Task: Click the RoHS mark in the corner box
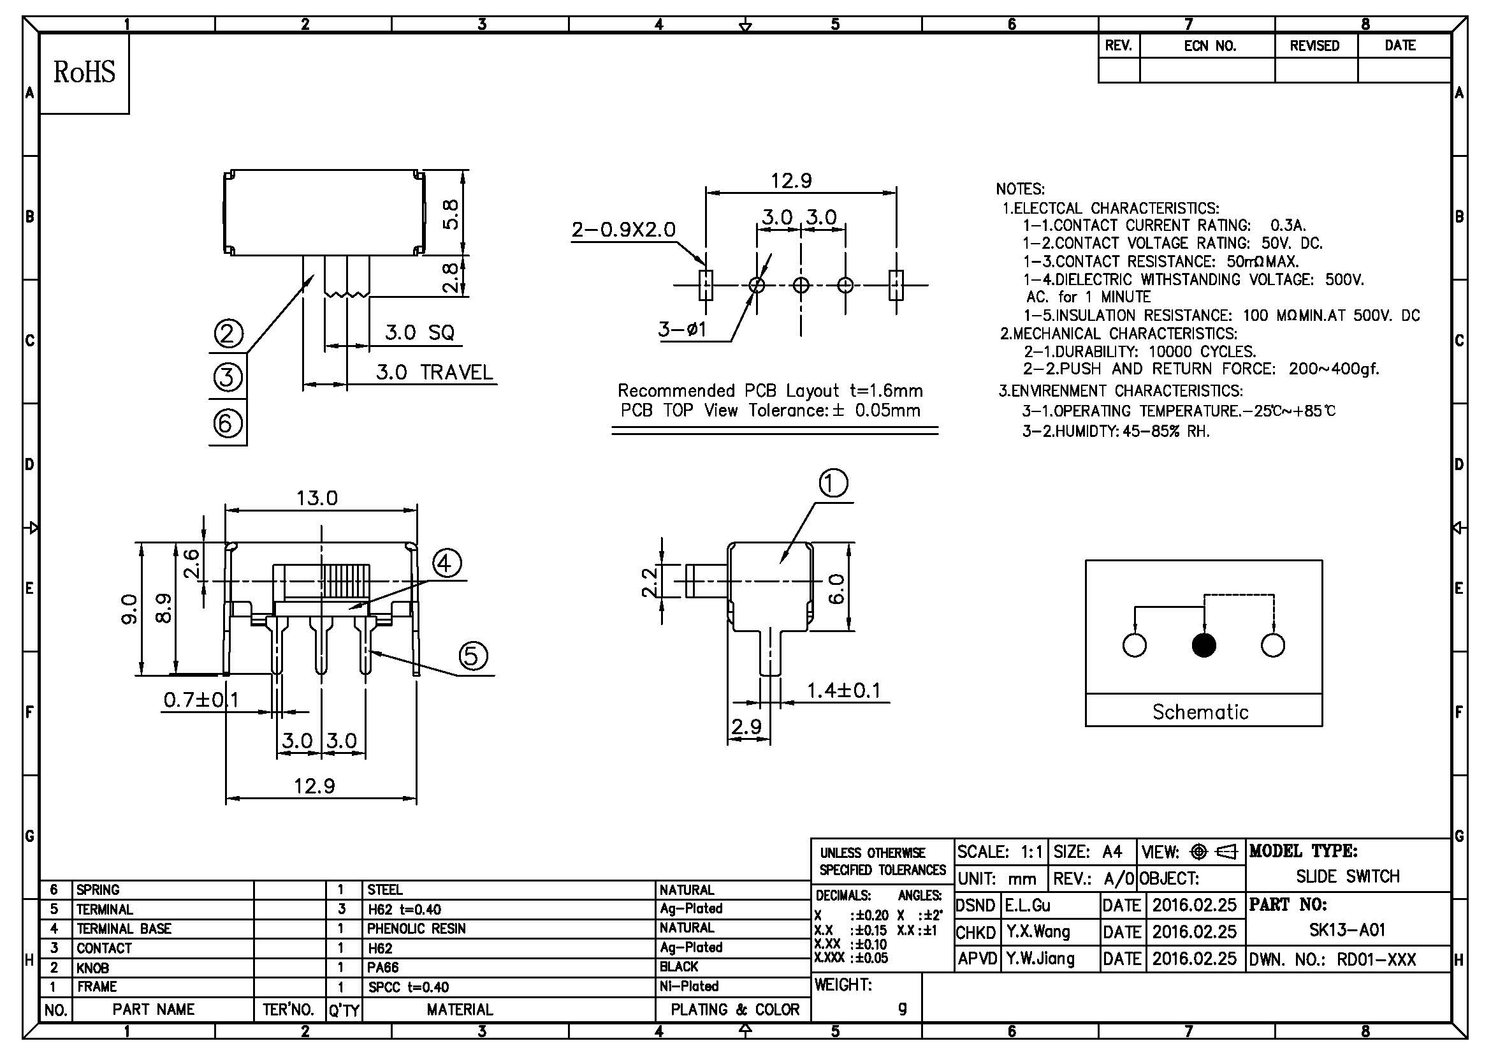pyautogui.click(x=84, y=72)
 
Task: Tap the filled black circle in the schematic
pyautogui.click(x=1204, y=645)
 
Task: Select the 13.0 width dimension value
pyautogui.click(x=317, y=498)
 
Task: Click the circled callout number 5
pyautogui.click(x=473, y=656)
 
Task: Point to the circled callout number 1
pyautogui.click(x=834, y=483)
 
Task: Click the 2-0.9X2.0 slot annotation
pyautogui.click(x=623, y=230)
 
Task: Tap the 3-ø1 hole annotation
pyautogui.click(x=682, y=329)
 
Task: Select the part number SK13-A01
pyautogui.click(x=1347, y=930)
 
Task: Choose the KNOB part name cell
pyautogui.click(x=93, y=968)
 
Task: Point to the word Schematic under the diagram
pyautogui.click(x=1200, y=711)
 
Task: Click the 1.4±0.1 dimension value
pyautogui.click(x=843, y=690)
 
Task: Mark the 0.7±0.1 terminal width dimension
pyautogui.click(x=201, y=700)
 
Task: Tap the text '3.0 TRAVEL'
pyautogui.click(x=435, y=373)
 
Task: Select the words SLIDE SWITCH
pyautogui.click(x=1348, y=876)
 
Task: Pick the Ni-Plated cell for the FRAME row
pyautogui.click(x=689, y=986)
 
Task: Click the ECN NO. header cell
pyautogui.click(x=1210, y=46)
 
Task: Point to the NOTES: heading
pyautogui.click(x=1020, y=189)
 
